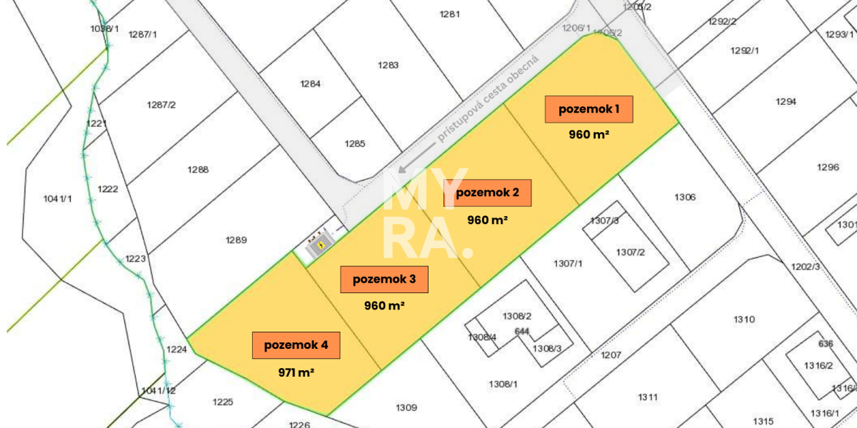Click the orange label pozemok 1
tap(588, 109)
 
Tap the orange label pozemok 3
tap(384, 280)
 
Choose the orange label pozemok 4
tap(296, 345)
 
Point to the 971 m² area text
tap(296, 372)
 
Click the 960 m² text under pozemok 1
tap(588, 134)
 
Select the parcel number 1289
tap(236, 240)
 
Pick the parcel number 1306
tap(684, 198)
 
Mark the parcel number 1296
tap(828, 168)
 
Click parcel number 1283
tap(388, 66)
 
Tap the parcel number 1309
tap(406, 407)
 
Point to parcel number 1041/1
tap(58, 199)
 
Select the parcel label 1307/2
tap(631, 253)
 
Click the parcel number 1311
tap(648, 397)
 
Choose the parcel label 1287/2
tap(161, 105)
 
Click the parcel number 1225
tap(223, 402)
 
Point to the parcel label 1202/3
tap(806, 266)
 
